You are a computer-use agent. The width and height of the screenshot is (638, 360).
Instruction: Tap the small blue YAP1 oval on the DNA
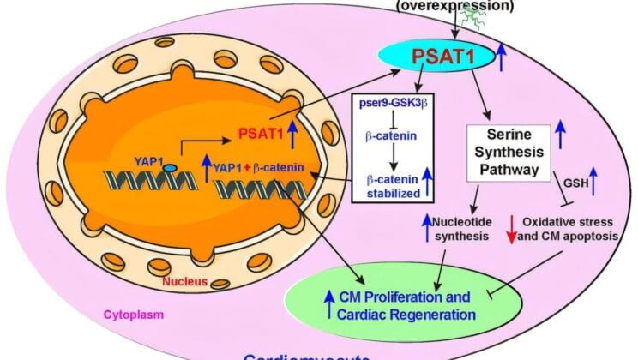172,144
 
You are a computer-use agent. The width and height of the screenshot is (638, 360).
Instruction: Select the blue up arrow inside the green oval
328,305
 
